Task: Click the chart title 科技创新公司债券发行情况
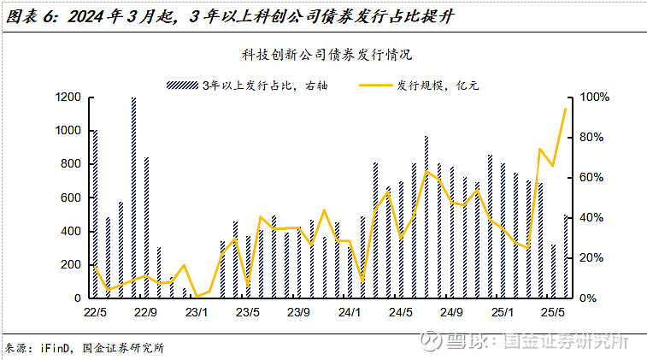[x=326, y=55]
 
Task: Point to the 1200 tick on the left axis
[x=68, y=97]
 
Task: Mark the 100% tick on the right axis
[x=596, y=97]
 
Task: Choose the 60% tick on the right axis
[x=593, y=178]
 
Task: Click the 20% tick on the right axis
[x=593, y=258]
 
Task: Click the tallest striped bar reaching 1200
[x=134, y=197]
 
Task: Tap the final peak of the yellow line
[x=565, y=109]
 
